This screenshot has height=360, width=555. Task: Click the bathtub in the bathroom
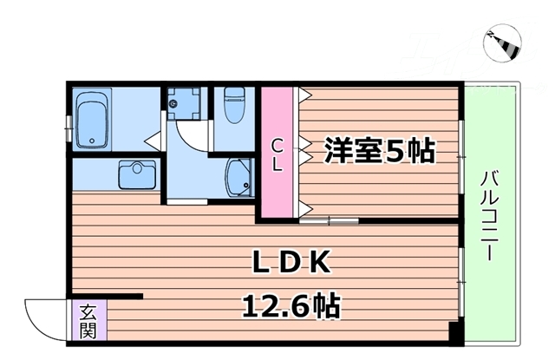click(91, 121)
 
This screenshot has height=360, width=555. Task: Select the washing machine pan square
click(183, 105)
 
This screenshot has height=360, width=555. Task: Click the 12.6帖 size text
click(291, 304)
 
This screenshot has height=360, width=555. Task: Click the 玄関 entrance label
click(88, 320)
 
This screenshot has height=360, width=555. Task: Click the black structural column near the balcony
click(454, 332)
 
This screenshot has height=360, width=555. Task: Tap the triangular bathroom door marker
click(151, 137)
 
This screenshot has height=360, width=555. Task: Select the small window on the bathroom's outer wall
click(69, 121)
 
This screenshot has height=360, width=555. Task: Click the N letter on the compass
click(491, 36)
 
